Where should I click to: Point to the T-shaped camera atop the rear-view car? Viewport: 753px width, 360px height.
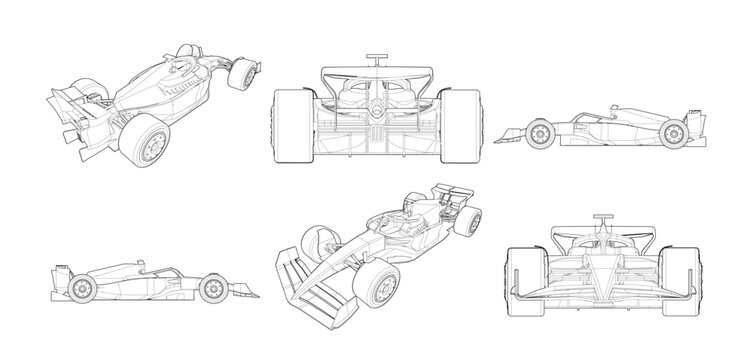[376, 57]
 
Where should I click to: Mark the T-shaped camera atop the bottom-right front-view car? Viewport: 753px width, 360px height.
[604, 217]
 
